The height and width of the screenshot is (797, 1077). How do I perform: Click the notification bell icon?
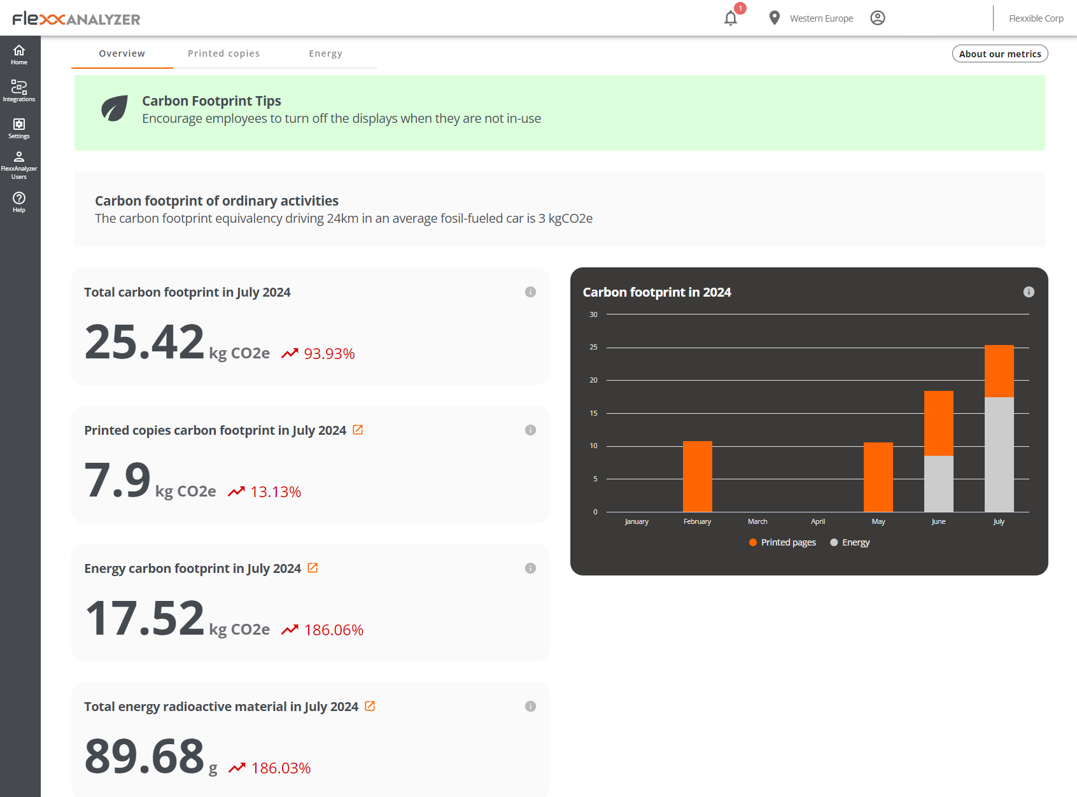coord(731,18)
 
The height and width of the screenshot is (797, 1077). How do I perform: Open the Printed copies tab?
coord(223,53)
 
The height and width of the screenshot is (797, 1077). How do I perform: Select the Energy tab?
coord(325,53)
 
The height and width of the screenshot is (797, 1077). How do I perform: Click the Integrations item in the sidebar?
coord(19,90)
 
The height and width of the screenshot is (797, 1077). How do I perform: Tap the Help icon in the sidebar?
coord(19,202)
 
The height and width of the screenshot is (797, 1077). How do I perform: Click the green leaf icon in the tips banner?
coord(115,109)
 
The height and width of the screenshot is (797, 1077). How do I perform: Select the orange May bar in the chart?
coord(878,477)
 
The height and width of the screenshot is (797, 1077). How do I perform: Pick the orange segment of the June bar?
coord(938,423)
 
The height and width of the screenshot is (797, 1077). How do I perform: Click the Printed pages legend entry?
coord(782,542)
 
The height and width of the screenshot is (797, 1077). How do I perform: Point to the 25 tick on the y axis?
coord(593,348)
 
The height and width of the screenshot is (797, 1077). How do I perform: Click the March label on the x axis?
coord(757,521)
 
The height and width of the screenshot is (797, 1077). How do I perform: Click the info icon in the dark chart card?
coord(1029,292)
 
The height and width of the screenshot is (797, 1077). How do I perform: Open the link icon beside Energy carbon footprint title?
coord(313,568)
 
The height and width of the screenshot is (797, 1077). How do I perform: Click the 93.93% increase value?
coord(329,354)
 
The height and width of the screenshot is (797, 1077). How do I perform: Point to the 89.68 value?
coord(144,756)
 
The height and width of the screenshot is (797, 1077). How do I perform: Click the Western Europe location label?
coord(821,18)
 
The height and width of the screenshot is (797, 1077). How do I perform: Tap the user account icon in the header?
coord(878,18)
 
